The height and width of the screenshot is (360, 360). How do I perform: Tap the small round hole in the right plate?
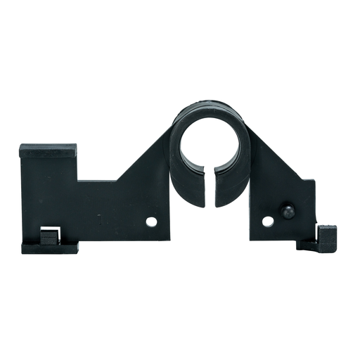(267, 221)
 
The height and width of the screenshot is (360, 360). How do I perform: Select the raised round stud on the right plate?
(286, 212)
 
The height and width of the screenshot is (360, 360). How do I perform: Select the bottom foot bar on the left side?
(49, 247)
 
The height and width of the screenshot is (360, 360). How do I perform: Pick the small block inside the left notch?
(49, 238)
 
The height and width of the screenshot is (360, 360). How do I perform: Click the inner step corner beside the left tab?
(77, 181)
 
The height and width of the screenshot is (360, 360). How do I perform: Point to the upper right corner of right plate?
(314, 181)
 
